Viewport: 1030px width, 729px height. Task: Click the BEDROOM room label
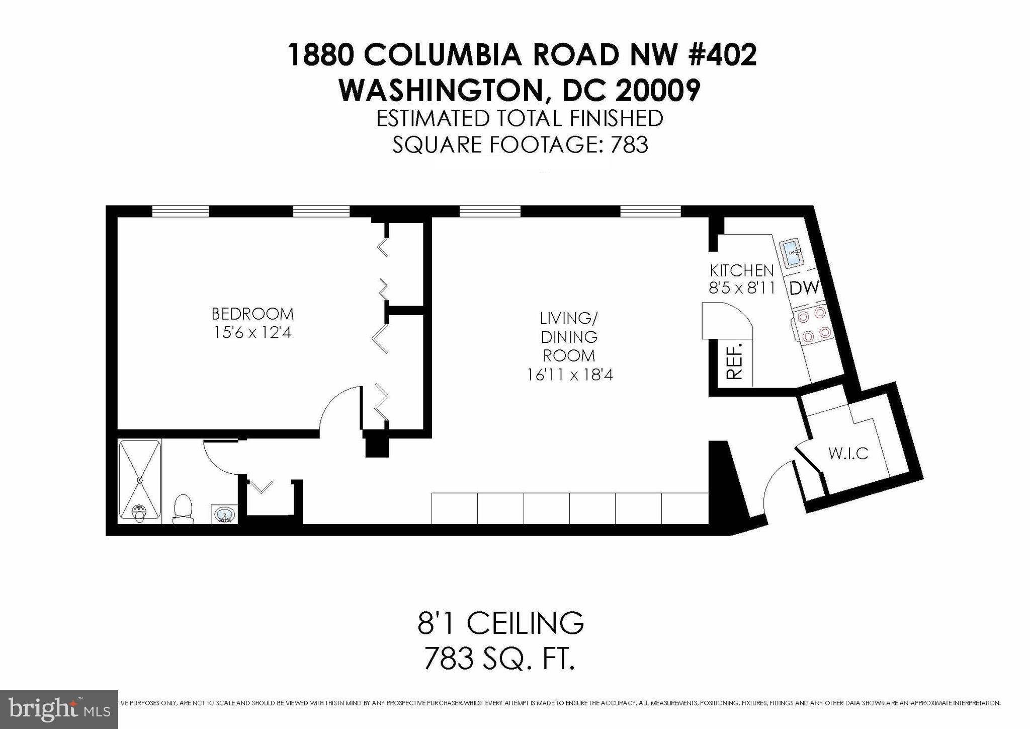252,314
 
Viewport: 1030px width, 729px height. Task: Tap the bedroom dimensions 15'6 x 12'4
252,333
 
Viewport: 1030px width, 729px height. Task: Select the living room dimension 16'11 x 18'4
569,375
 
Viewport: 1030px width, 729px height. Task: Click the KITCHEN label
741,270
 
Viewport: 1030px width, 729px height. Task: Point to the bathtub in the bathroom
140,481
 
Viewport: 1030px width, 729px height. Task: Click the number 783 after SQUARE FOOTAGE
629,144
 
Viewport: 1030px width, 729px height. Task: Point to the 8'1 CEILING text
501,623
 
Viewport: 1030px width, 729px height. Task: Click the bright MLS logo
59,709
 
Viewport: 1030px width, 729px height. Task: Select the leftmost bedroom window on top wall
180,211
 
